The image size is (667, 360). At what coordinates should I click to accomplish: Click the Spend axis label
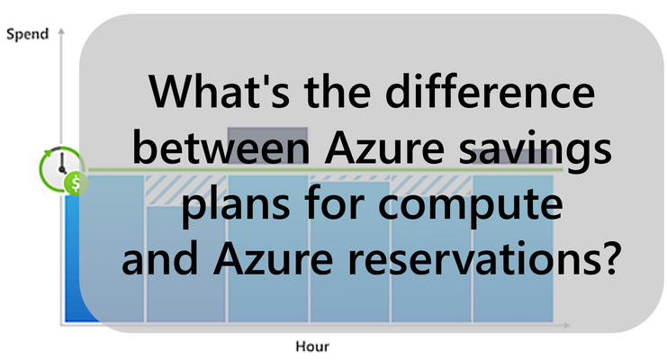28,34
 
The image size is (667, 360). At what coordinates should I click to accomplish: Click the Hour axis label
312,346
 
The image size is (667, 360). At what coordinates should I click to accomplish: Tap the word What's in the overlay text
219,92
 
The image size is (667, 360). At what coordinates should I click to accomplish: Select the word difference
490,92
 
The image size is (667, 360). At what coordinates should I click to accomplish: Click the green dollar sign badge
77,184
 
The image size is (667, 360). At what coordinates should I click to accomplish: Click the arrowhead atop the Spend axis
61,31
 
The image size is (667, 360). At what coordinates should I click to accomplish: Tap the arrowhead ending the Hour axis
566,325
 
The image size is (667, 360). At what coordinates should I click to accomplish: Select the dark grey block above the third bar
267,146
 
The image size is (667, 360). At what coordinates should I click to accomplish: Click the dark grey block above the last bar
512,157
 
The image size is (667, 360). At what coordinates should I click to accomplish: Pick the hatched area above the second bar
185,190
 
